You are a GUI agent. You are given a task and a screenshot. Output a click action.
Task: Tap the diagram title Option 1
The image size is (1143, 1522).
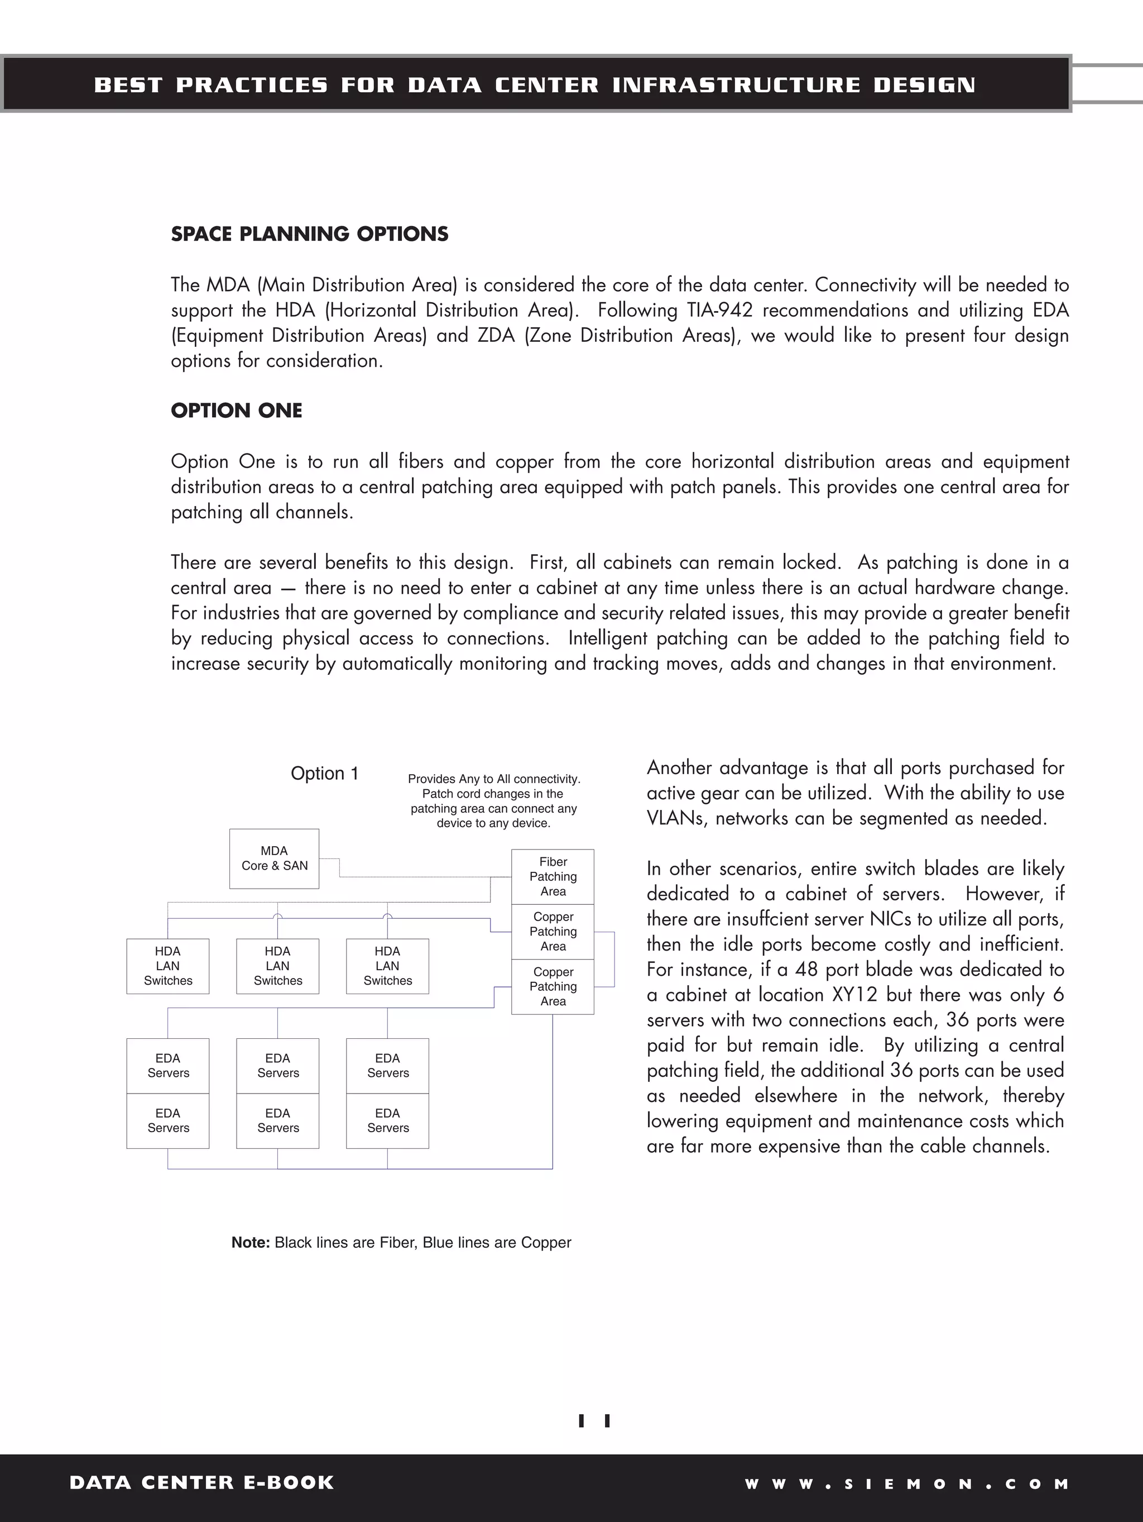[x=325, y=774]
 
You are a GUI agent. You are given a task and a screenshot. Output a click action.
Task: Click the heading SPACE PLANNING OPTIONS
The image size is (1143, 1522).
[x=310, y=234]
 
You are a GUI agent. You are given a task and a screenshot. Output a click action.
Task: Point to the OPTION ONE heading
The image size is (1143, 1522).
[x=237, y=411]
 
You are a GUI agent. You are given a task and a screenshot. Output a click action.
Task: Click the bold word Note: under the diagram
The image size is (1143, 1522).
[x=251, y=1243]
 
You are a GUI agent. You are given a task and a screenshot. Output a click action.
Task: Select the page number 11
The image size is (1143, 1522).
[x=595, y=1421]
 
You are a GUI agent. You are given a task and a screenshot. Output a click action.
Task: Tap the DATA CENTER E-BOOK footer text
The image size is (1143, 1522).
[x=201, y=1483]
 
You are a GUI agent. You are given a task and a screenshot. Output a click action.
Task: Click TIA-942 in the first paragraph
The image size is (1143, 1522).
[x=719, y=311]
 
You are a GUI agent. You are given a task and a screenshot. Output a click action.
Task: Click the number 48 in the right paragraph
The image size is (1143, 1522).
[x=806, y=970]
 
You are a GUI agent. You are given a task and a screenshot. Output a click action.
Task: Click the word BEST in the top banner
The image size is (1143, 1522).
[x=128, y=85]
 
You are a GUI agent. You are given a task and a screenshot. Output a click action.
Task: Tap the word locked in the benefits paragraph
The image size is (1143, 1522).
[x=811, y=563]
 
